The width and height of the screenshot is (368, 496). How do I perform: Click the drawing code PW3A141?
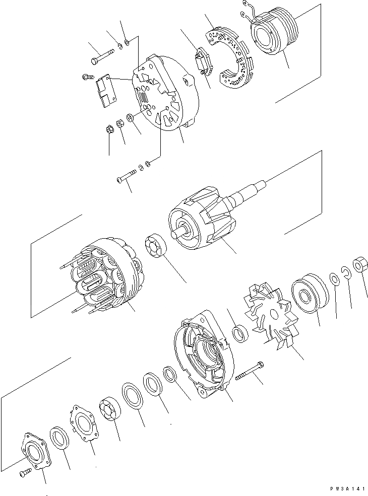point(345,489)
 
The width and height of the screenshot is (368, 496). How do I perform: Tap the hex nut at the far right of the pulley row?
point(360,265)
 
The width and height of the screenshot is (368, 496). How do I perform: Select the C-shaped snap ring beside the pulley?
point(346,272)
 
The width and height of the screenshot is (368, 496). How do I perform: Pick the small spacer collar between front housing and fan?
point(241,334)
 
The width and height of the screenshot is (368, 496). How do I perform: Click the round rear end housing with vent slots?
point(166,93)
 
